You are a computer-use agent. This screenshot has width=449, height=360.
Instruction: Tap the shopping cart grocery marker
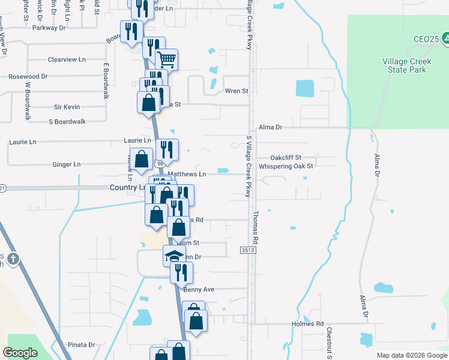point(167,59)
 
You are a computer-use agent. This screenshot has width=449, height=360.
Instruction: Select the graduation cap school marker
point(175,256)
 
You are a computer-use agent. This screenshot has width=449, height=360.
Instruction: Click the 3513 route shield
point(248,250)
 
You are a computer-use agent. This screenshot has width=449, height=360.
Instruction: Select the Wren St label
point(237,91)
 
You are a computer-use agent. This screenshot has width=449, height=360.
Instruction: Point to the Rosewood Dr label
point(28,77)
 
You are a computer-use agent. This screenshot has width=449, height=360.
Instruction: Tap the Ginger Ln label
point(67,164)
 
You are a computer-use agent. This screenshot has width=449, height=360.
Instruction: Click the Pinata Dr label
point(82,345)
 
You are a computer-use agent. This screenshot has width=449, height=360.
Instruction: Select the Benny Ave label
point(199,289)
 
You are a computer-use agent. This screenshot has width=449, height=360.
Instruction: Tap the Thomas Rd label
point(255,226)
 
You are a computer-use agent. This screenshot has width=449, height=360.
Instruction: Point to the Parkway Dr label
point(49,28)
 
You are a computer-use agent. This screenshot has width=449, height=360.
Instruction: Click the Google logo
point(20,353)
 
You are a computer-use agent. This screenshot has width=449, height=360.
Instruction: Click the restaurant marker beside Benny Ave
point(181,272)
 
